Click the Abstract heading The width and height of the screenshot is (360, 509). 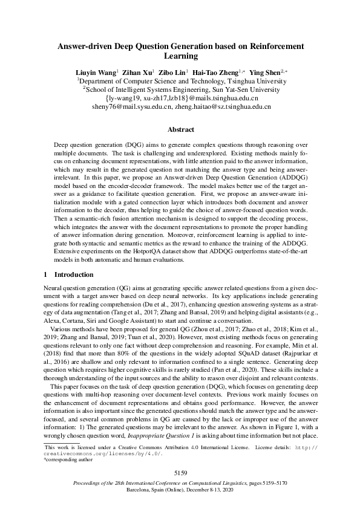180,129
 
